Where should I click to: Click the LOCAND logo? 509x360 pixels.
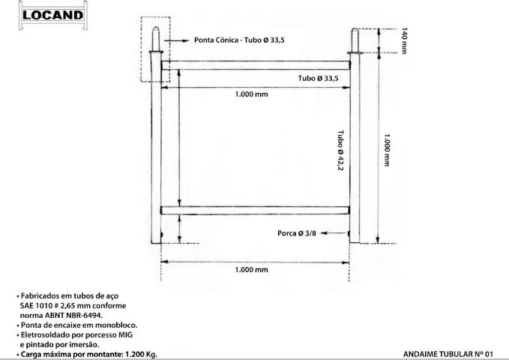pos(52,15)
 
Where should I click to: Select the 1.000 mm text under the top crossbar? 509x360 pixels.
pos(251,95)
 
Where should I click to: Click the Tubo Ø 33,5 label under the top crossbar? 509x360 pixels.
pos(318,78)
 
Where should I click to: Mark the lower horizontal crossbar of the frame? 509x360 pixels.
pos(255,210)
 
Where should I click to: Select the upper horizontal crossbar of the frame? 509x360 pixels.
pos(255,65)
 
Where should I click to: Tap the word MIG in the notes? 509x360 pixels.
pos(134,334)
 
